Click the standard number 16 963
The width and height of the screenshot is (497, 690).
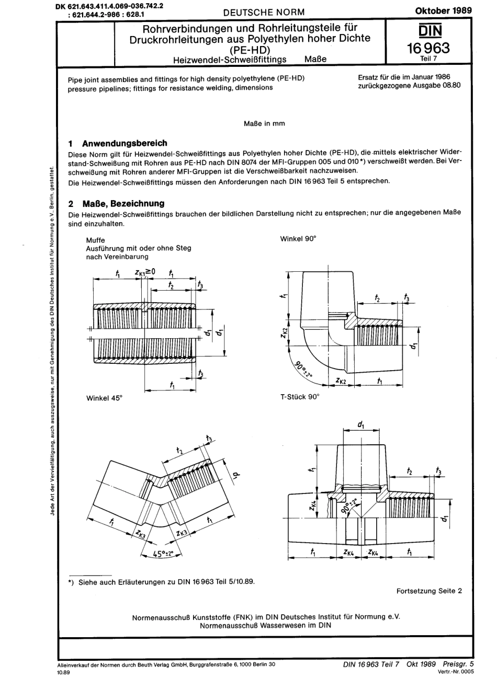pyautogui.click(x=428, y=48)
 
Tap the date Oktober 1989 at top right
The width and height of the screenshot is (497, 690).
pyautogui.click(x=443, y=10)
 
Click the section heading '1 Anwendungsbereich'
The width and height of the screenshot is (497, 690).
pyautogui.click(x=118, y=143)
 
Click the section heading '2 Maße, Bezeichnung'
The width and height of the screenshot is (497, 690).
pyautogui.click(x=117, y=203)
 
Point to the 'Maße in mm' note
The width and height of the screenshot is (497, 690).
pyautogui.click(x=264, y=124)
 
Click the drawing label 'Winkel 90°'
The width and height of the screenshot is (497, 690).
pyautogui.click(x=298, y=238)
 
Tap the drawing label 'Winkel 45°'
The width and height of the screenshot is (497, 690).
pyautogui.click(x=104, y=398)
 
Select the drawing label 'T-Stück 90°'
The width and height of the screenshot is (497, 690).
pyautogui.click(x=300, y=397)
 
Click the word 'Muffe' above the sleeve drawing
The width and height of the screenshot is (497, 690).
pyautogui.click(x=95, y=240)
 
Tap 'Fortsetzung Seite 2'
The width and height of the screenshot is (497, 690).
pyautogui.click(x=429, y=591)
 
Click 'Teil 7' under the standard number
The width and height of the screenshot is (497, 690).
pyautogui.click(x=428, y=59)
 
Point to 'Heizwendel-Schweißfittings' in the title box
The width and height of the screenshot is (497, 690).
pyautogui.click(x=230, y=59)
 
